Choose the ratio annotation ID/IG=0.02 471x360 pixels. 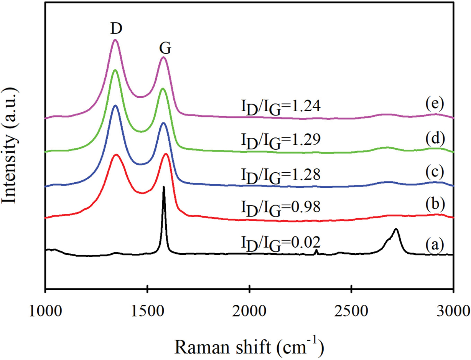pos(280,243)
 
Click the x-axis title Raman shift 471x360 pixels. pos(250,338)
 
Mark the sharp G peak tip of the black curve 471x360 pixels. pos(164,187)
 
